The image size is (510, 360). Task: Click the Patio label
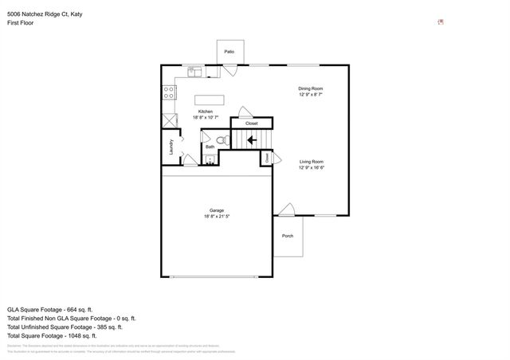point(229,52)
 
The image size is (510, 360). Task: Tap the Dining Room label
point(311,88)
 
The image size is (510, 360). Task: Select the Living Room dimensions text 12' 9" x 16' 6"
point(311,168)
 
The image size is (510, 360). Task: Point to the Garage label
point(216,211)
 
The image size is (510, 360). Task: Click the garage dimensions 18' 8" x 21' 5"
point(216,217)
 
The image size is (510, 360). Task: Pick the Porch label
point(288,236)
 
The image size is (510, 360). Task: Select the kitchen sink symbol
point(194,72)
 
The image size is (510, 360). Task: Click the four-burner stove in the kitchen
point(169,92)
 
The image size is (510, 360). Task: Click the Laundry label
point(171,147)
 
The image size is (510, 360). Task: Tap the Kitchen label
point(206,112)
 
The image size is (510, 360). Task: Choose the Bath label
point(210,147)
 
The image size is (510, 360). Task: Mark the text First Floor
point(19,22)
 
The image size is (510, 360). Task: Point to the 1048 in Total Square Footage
point(78,335)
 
